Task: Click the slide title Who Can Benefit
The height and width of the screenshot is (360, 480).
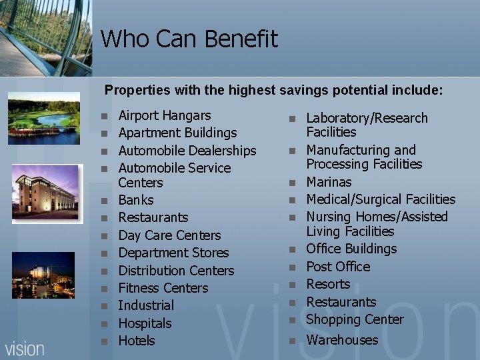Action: pyautogui.click(x=189, y=39)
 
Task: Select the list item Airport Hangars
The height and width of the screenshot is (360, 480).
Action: pyautogui.click(x=164, y=115)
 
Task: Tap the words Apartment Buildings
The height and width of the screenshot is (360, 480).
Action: pyautogui.click(x=177, y=133)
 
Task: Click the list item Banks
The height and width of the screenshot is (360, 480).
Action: pyautogui.click(x=135, y=200)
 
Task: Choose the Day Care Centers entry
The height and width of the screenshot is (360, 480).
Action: pyautogui.click(x=169, y=235)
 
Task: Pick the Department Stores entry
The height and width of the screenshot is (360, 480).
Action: pyautogui.click(x=173, y=253)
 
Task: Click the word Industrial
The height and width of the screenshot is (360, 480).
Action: pyautogui.click(x=146, y=305)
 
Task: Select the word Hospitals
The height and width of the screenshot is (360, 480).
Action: pyautogui.click(x=145, y=323)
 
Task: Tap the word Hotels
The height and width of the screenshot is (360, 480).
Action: pyautogui.click(x=136, y=341)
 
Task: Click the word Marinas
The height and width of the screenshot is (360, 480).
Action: pyautogui.click(x=329, y=182)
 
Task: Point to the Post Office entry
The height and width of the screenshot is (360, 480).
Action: pyautogui.click(x=338, y=267)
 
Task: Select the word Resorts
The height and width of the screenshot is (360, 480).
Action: pyautogui.click(x=328, y=284)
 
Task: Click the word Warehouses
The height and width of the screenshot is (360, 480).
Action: pyautogui.click(x=342, y=340)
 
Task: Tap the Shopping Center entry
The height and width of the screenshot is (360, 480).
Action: pyautogui.click(x=355, y=319)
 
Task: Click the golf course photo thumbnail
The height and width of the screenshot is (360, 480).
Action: pyautogui.click(x=44, y=118)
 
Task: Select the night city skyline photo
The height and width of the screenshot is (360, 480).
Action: pyautogui.click(x=43, y=275)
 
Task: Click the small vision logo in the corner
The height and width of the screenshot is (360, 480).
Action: pyautogui.click(x=25, y=349)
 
